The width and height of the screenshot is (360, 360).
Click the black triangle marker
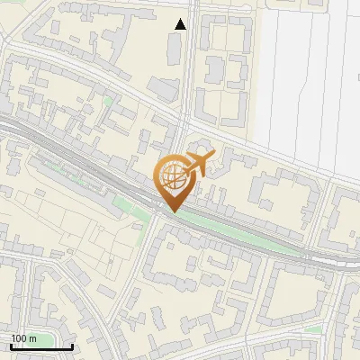click(x=181, y=24)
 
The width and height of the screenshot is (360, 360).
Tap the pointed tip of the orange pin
click(x=172, y=212)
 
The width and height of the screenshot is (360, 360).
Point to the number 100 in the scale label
click(x=19, y=338)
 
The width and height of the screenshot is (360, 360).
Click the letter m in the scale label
click(x=32, y=338)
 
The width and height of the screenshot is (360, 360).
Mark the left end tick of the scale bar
click(x=10, y=346)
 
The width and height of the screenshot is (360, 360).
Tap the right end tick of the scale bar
click(x=72, y=346)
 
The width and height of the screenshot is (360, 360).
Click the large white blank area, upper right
click(x=306, y=81)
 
